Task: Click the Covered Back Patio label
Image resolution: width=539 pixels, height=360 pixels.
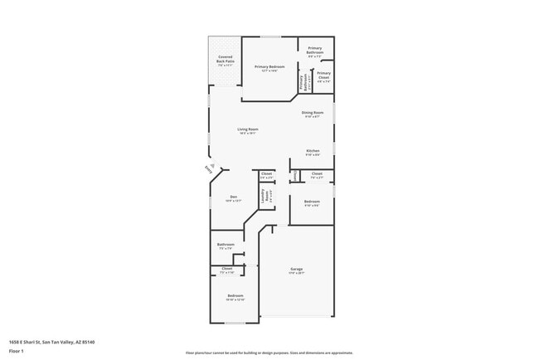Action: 225,60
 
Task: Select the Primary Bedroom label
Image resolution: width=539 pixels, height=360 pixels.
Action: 269,68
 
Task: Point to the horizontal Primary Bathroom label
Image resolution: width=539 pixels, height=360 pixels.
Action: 315,50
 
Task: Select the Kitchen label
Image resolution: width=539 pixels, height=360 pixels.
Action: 312,152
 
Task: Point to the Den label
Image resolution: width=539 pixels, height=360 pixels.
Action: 233,198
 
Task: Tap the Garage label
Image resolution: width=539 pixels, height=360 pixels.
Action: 296,270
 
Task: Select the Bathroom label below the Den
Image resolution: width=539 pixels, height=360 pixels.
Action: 226,246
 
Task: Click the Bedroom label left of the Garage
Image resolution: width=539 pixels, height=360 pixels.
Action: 236,298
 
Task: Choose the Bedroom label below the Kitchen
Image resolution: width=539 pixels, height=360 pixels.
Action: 312,203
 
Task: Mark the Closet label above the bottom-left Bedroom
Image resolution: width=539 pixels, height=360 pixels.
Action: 227,270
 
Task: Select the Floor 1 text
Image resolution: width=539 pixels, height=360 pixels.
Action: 17,351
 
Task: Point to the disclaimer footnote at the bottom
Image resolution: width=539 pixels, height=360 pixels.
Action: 269,353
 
